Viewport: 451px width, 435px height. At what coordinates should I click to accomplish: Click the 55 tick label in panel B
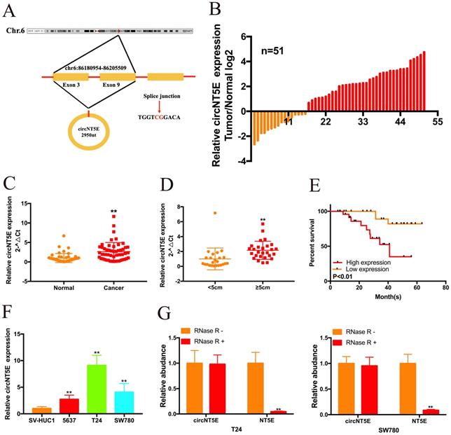[x=437, y=123]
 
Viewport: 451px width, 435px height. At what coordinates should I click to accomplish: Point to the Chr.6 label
[x=13, y=32]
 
